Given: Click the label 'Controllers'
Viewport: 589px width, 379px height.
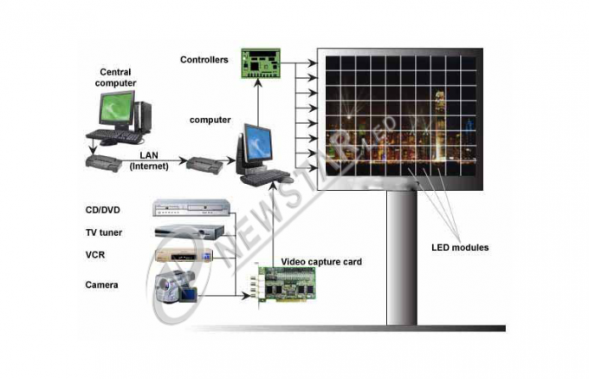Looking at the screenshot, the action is (x=204, y=60).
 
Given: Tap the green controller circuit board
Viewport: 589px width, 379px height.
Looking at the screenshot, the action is (x=261, y=63).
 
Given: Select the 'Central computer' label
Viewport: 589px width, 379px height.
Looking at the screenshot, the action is (x=115, y=77).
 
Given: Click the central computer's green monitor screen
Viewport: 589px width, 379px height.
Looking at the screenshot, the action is (x=116, y=108).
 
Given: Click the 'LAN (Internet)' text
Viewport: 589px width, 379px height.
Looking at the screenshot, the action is (x=149, y=160).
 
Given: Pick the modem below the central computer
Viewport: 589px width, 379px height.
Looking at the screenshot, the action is (x=104, y=163).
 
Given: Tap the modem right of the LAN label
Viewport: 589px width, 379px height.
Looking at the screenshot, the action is (x=204, y=165).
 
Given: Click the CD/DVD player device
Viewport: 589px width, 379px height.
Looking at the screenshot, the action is (x=191, y=208).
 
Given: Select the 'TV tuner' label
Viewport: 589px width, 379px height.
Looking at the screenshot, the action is (x=104, y=232).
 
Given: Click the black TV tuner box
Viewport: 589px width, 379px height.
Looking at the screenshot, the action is (x=190, y=232).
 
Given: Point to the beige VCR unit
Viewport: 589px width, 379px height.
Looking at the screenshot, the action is (x=184, y=255).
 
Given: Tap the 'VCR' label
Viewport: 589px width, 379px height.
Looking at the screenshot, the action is (x=95, y=255).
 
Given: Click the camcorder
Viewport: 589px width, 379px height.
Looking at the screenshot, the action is (x=176, y=286).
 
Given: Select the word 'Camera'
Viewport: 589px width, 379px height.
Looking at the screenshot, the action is (x=101, y=285).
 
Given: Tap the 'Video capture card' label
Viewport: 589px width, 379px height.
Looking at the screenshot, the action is (x=321, y=262).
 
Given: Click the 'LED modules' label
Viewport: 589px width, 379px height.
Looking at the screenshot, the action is (x=460, y=247).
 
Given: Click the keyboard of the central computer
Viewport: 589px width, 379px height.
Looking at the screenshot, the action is (x=114, y=136).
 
